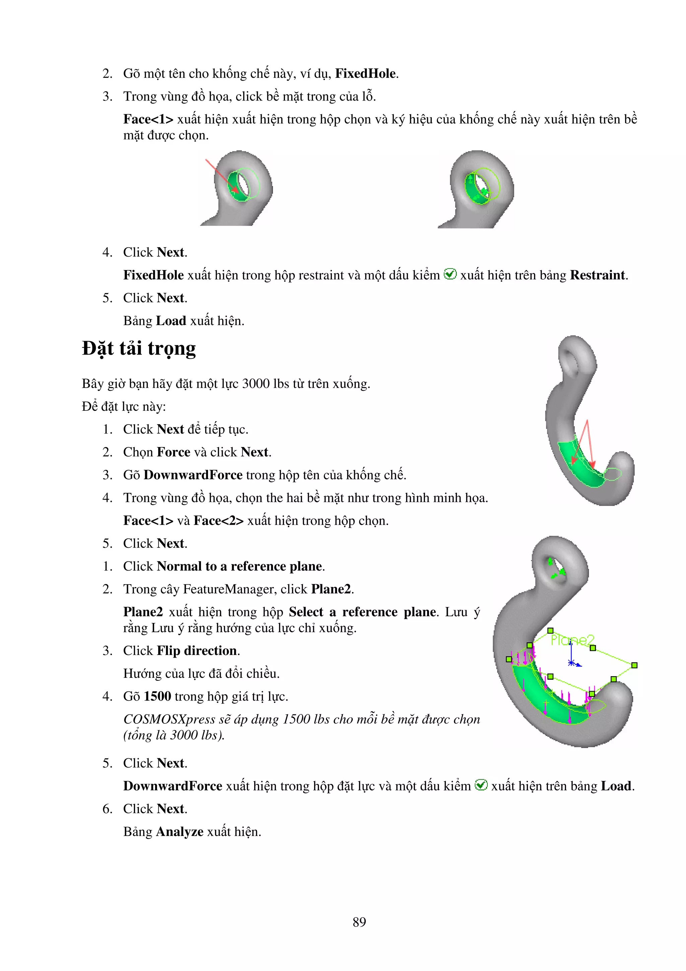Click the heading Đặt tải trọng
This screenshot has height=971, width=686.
pyautogui.click(x=139, y=349)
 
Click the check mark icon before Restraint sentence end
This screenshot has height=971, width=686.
pyautogui.click(x=450, y=274)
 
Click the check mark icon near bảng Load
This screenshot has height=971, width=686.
pyautogui.click(x=481, y=785)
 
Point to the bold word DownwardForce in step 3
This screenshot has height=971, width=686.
pyautogui.click(x=193, y=475)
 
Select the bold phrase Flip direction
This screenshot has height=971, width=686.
pyautogui.click(x=197, y=650)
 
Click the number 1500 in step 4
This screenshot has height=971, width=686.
pyautogui.click(x=157, y=697)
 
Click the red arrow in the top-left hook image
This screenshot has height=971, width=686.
pyautogui.click(x=221, y=176)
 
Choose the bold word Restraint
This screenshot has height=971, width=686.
pyautogui.click(x=597, y=275)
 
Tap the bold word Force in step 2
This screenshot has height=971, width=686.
pyautogui.click(x=173, y=452)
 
